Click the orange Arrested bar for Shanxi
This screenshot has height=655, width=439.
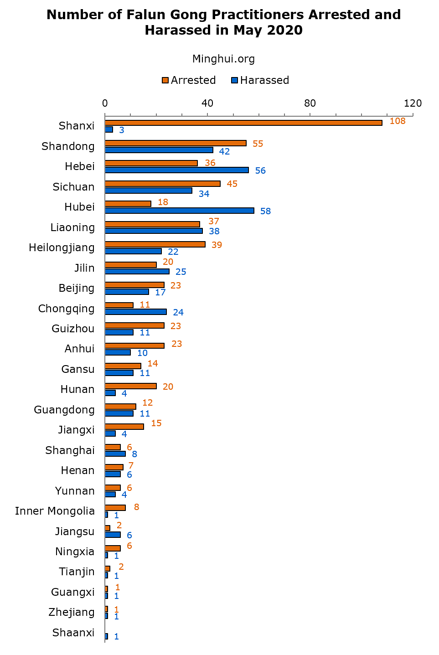tap(243, 123)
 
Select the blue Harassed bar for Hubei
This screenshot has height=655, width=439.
tap(180, 211)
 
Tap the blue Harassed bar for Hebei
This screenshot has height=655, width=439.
tap(177, 170)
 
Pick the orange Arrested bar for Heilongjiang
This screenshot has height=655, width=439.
tap(155, 244)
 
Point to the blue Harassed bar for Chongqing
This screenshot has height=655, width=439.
tap(136, 312)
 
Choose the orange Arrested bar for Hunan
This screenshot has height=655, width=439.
tap(131, 386)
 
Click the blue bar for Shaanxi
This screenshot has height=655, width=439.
tap(107, 636)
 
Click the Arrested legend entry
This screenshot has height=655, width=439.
tap(188, 80)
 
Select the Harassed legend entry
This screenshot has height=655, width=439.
tap(260, 80)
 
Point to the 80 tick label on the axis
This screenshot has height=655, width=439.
tap(310, 103)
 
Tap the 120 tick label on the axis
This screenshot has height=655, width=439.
tap(413, 103)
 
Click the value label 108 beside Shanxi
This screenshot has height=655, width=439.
tap(398, 121)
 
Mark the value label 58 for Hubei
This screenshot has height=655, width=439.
tap(265, 211)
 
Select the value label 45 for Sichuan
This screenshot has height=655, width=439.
tap(232, 184)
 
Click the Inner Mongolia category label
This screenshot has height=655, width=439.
tap(55, 511)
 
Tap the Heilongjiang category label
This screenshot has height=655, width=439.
tap(62, 248)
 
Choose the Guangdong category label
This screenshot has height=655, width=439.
tap(64, 410)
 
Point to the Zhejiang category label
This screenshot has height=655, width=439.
tap(72, 612)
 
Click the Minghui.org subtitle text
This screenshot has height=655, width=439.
tap(223, 59)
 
